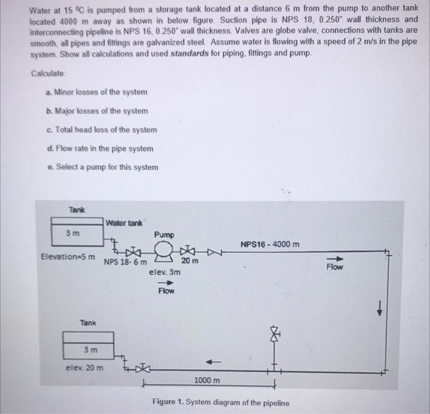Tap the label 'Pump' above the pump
tap(164, 234)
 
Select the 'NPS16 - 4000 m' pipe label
tap(270, 245)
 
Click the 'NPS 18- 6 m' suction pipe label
tap(125, 261)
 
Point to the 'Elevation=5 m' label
tap(68, 257)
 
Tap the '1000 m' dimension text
tap(206, 381)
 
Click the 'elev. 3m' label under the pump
tap(165, 271)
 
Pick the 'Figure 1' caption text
tap(219, 402)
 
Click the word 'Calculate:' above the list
tap(48, 73)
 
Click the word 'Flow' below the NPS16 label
tap(335, 268)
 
